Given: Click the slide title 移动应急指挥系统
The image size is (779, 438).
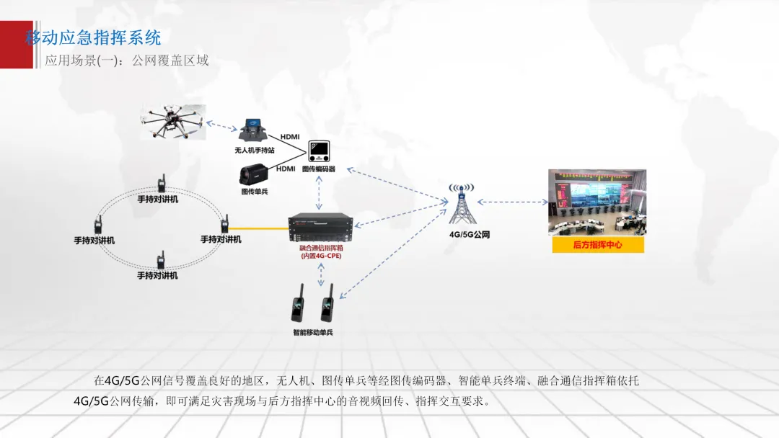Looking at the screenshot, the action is coord(94,37).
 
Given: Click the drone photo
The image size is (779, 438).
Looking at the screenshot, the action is coord(173,122).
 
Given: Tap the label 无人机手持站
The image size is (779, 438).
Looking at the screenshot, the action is coord(255,151).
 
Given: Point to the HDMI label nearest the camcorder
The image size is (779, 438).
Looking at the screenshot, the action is coord(286,169).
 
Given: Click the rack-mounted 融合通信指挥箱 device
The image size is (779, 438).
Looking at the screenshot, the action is coord(320,228).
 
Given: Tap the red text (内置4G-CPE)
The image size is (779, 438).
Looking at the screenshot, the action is coord(321,256).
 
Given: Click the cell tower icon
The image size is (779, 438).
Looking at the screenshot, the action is coord(459,206).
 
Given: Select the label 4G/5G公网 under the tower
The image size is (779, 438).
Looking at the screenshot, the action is coord(459,235).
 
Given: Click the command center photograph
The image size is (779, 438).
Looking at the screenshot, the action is coord(597,202).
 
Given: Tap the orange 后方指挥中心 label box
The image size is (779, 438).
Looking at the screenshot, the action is coord(597,245).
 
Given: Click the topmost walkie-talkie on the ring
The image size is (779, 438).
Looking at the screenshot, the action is coord(163,183).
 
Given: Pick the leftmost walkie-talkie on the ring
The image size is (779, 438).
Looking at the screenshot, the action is coord(98,225).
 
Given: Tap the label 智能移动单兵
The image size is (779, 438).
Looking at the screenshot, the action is coord(312,332).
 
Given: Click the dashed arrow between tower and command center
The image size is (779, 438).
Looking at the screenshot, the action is coord(512,202).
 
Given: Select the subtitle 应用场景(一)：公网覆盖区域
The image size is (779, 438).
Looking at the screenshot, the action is coord(127,61).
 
